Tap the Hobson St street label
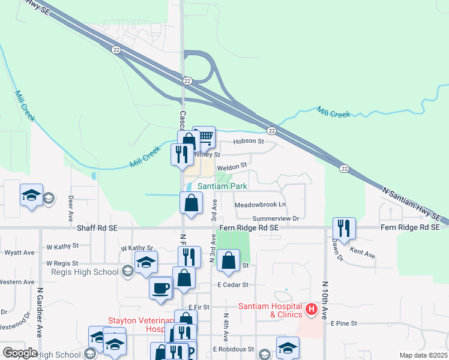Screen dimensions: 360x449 pyautogui.click(x=249, y=142)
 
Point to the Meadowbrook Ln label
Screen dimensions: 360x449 pyautogui.click(x=260, y=205)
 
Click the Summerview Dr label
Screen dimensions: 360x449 pyautogui.click(x=276, y=219)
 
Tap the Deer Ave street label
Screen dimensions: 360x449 pyautogui.click(x=70, y=208)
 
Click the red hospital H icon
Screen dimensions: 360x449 pyautogui.click(x=312, y=309)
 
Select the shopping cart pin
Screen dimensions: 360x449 pyautogui.click(x=205, y=137)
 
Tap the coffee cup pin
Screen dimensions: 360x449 pyautogui.click(x=161, y=287)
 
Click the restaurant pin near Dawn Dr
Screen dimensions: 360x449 pyautogui.click(x=344, y=229)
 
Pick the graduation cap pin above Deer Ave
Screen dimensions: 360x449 pyautogui.click(x=31, y=195)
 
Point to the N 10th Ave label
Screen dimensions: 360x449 pyautogui.click(x=325, y=300)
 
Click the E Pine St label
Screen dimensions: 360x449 pyautogui.click(x=344, y=323)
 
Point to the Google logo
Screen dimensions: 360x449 pyautogui.click(x=19, y=353)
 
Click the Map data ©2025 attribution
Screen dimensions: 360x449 pyautogui.click(x=423, y=355)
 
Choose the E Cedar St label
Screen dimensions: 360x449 pyautogui.click(x=233, y=285)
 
